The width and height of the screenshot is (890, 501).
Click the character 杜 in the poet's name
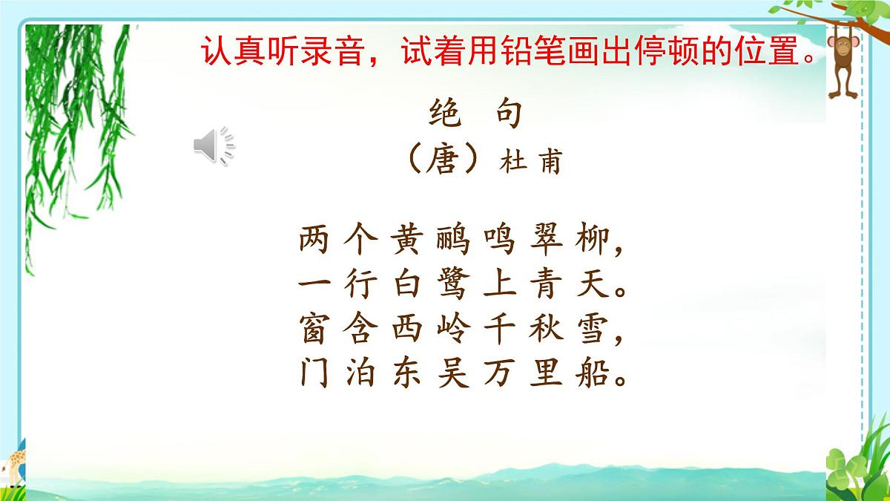point(514,161)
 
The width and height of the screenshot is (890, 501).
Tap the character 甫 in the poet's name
point(549,161)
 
